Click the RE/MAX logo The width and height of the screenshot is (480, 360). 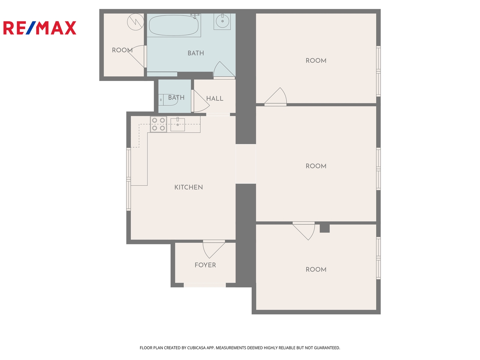pyautogui.click(x=40, y=28)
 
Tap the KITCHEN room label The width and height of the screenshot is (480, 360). pyautogui.click(x=188, y=187)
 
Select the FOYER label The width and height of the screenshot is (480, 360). pyautogui.click(x=205, y=265)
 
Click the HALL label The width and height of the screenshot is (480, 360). pyautogui.click(x=215, y=98)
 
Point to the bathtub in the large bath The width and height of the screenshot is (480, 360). pyautogui.click(x=174, y=25)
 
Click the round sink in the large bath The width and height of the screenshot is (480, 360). pyautogui.click(x=222, y=21)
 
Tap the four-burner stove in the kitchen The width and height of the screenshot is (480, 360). pyautogui.click(x=158, y=124)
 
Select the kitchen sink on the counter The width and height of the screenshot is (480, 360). pyautogui.click(x=178, y=124)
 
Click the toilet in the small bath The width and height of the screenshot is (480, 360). pyautogui.click(x=168, y=100)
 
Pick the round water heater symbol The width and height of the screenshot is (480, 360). pyautogui.click(x=135, y=22)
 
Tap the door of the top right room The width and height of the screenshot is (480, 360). pyautogui.click(x=275, y=97)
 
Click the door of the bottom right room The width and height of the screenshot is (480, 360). pyautogui.click(x=304, y=231)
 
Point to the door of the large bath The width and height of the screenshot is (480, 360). pyautogui.click(x=224, y=70)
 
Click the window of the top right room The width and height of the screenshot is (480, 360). pyautogui.click(x=378, y=71)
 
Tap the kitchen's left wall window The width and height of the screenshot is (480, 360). pyautogui.click(x=129, y=179)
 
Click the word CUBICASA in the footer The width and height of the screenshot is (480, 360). pyautogui.click(x=196, y=348)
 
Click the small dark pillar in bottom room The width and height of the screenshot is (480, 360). pyautogui.click(x=325, y=228)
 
